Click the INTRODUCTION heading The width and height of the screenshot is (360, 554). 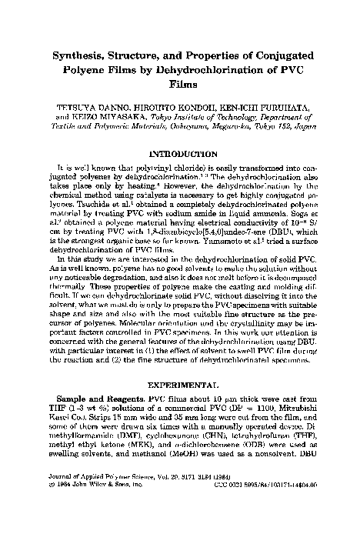[x=180, y=153]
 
